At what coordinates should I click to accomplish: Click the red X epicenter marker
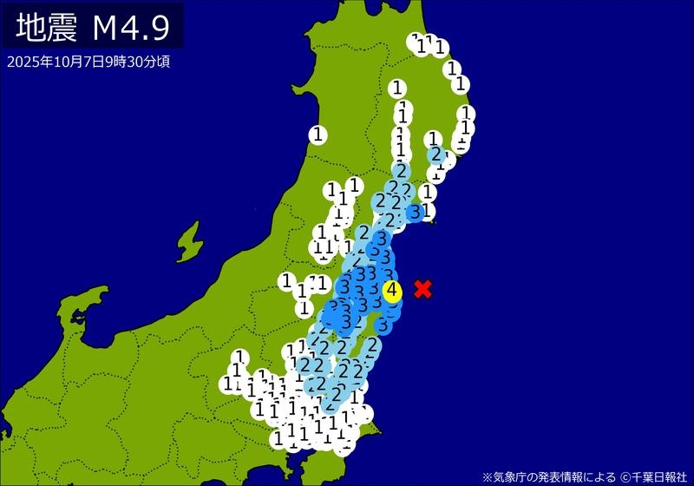pos(422,289)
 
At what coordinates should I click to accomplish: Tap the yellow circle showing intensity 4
pos(392,291)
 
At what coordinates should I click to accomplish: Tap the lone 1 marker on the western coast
pos(318,135)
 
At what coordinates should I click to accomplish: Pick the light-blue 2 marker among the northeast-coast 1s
pos(435,154)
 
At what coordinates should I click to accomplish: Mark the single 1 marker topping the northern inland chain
pos(397,87)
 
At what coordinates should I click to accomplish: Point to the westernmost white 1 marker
pos(227,383)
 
